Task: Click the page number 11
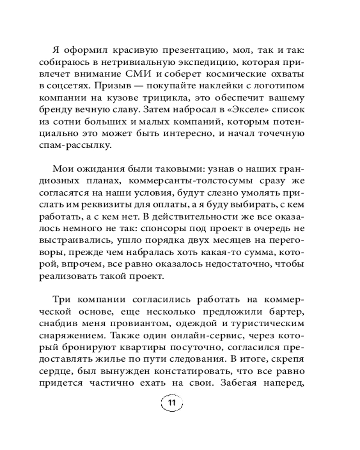tap(171, 402)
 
